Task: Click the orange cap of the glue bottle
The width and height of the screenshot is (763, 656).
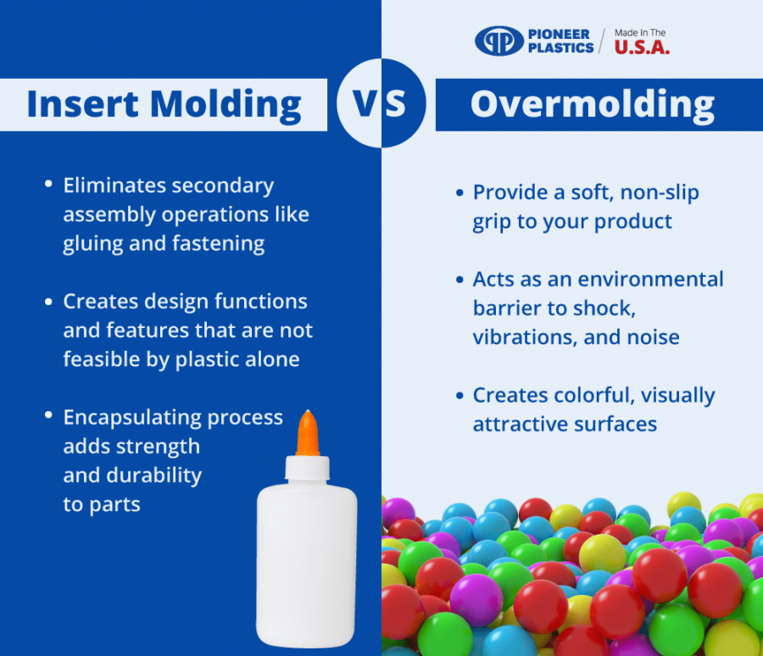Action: click(x=308, y=431)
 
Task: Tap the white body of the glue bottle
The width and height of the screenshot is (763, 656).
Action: click(x=307, y=559)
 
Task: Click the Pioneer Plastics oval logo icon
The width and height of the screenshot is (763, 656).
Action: click(x=498, y=41)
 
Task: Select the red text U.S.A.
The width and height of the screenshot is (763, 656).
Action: click(x=642, y=49)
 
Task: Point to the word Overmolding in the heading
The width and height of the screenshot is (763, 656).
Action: click(x=592, y=104)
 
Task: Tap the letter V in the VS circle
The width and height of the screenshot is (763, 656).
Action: click(x=365, y=103)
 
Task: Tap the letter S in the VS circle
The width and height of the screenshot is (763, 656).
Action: click(x=395, y=103)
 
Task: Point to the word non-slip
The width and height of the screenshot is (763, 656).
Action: click(x=656, y=192)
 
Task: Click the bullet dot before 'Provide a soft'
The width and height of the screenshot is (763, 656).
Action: click(x=459, y=193)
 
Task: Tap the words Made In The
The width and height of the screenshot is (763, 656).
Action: click(x=640, y=33)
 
